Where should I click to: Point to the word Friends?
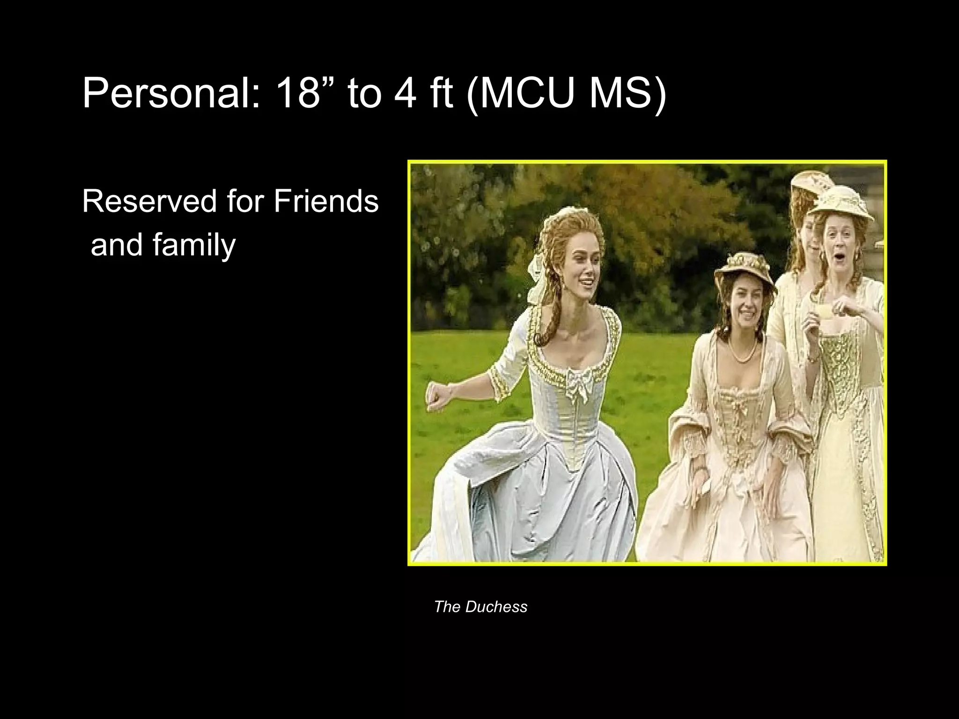tap(326, 201)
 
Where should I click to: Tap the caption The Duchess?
tap(480, 607)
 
